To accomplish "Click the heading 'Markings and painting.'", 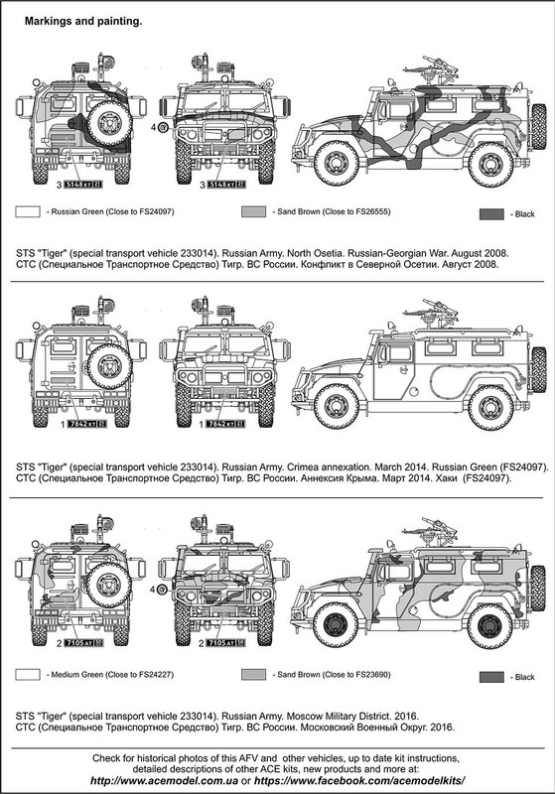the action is [83, 21].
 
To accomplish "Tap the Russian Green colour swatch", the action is [28, 211].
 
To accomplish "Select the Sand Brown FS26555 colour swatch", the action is [254, 211].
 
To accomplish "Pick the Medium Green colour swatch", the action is [28, 675].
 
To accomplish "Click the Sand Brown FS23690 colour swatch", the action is [254, 675].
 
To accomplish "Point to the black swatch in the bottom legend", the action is [491, 677].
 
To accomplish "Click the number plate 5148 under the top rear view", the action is [85, 185].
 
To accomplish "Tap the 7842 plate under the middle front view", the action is [225, 424].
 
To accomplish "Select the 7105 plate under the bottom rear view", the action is [83, 643].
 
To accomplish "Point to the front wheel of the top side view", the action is [336, 164].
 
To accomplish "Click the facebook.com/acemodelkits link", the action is [359, 780].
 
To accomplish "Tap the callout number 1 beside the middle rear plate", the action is [63, 425].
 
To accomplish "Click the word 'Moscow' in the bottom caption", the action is [302, 716].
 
